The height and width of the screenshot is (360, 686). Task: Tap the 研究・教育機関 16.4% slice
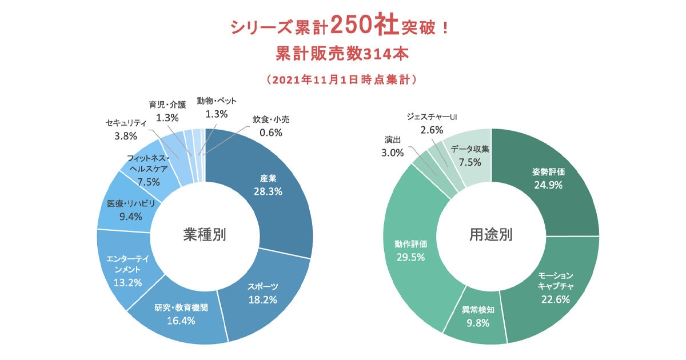coord(181,314)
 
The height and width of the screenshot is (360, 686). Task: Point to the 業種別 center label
coord(204,235)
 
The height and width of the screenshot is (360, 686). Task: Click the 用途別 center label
coord(490,235)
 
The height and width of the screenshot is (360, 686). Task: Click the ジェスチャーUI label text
coord(432,117)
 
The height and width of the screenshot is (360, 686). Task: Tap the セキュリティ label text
coord(126,123)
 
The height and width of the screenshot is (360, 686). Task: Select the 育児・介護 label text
coord(167,105)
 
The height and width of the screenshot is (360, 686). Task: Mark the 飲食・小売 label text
coord(271,121)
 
